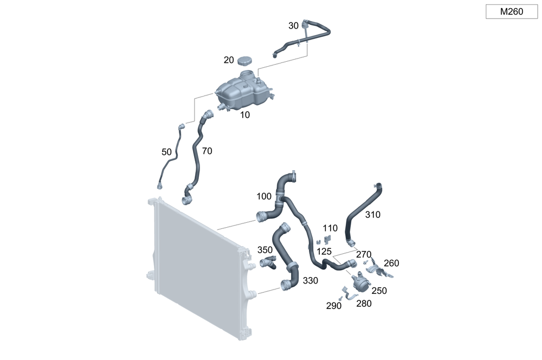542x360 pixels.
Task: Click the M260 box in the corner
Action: click(511, 11)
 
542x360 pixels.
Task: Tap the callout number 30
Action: click(293, 25)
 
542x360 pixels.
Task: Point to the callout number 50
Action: click(167, 152)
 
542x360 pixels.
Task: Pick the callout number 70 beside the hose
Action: click(207, 151)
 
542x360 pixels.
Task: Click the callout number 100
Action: click(264, 196)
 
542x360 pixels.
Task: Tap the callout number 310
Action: click(372, 214)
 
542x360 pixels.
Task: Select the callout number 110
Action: click(330, 228)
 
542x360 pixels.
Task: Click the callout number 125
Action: click(324, 252)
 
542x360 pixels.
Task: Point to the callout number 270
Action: click(363, 254)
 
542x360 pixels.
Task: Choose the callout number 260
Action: click(391, 263)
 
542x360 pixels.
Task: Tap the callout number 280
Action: click(364, 304)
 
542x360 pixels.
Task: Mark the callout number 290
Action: click(334, 306)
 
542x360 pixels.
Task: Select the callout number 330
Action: click(310, 280)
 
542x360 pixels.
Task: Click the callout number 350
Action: click(265, 250)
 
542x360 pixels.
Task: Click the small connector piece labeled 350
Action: click(268, 263)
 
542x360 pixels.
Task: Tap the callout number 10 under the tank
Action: click(246, 115)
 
